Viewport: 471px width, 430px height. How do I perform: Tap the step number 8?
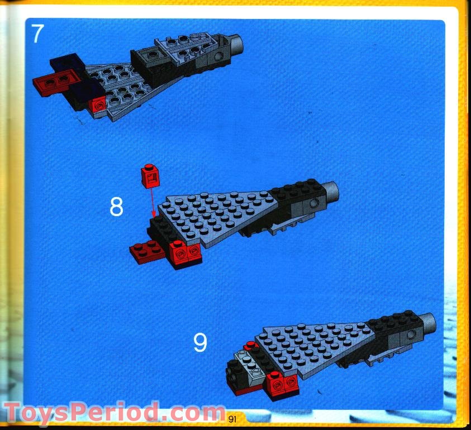(116, 207)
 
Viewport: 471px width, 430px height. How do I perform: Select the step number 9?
(200, 342)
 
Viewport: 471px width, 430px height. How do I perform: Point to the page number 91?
(233, 418)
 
